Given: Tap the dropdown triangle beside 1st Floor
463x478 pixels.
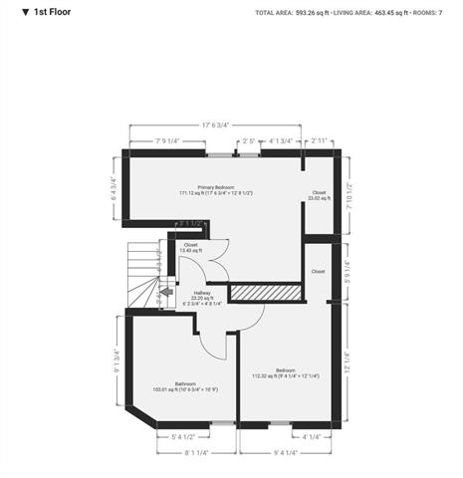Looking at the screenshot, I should [12, 12].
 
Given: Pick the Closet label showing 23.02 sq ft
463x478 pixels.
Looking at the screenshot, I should [319, 195].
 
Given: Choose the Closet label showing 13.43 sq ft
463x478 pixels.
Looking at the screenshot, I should [190, 248].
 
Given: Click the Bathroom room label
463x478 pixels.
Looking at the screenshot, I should [185, 386].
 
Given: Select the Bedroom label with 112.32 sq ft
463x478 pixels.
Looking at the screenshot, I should [284, 373].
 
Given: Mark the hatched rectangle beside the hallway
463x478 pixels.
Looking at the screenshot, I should [266, 291].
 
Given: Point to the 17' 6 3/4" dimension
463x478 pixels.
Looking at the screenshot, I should [214, 125].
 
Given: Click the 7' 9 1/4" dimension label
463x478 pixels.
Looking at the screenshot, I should [166, 141].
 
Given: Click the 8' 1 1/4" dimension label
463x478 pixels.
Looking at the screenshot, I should [195, 454].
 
